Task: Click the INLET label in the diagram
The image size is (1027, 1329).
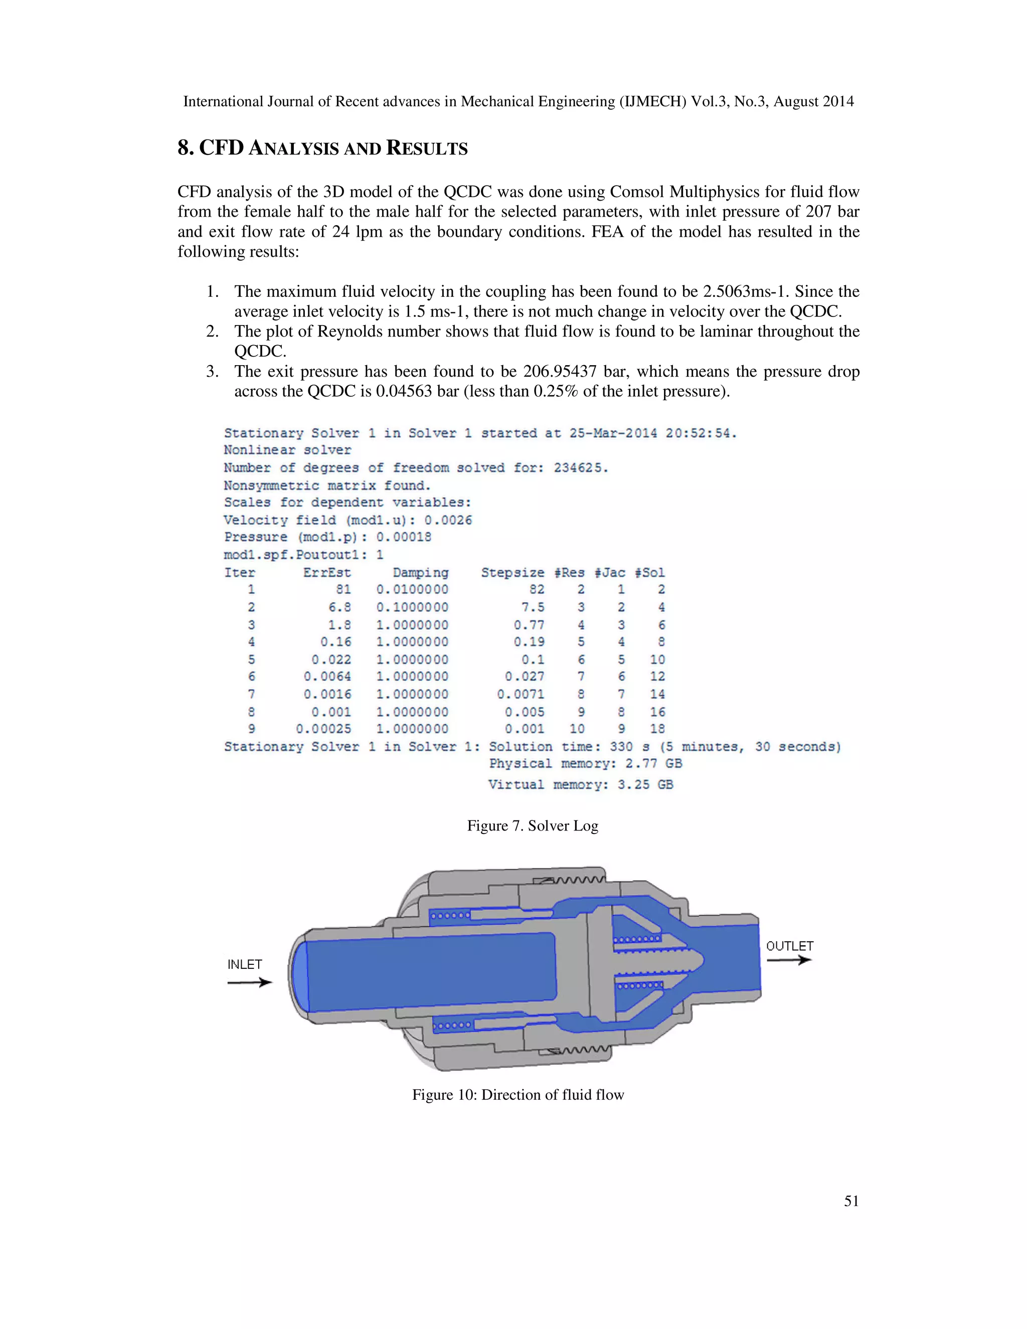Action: click(x=245, y=964)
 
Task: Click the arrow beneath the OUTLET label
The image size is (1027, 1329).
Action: click(x=789, y=960)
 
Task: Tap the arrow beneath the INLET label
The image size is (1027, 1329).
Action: click(x=249, y=981)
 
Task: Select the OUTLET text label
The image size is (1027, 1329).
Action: click(x=789, y=946)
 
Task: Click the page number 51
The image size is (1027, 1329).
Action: click(x=851, y=1201)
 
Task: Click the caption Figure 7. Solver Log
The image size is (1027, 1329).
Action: click(x=533, y=826)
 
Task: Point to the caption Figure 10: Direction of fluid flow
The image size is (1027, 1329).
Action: click(x=518, y=1095)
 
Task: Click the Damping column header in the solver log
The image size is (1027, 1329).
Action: click(x=420, y=573)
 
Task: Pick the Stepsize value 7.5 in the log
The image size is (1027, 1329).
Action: click(x=533, y=607)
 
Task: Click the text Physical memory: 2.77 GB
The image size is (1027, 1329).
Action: click(x=585, y=764)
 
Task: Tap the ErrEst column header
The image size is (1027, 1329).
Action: click(x=327, y=573)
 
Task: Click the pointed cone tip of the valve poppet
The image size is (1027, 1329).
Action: click(x=700, y=959)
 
